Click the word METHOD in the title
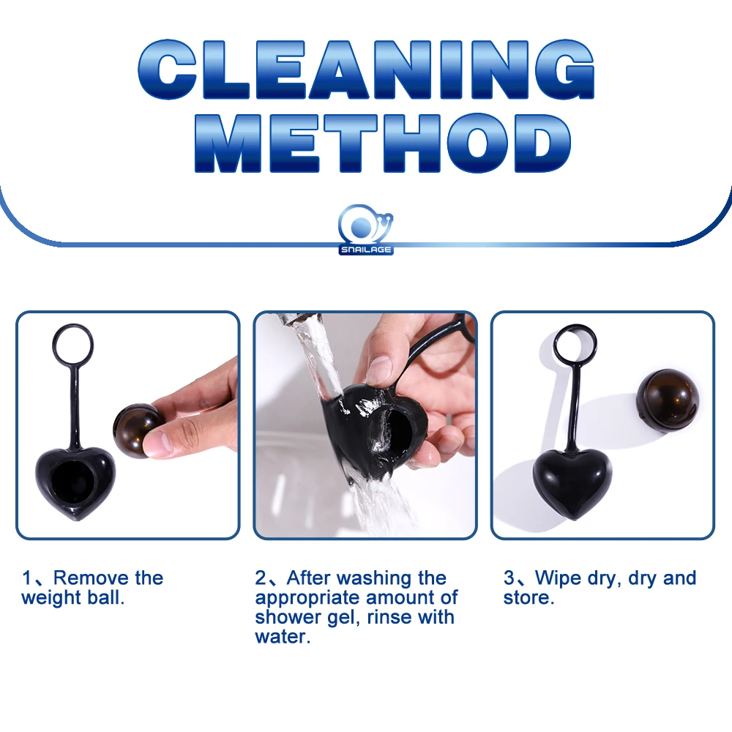pyautogui.click(x=383, y=143)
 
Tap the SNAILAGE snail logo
pyautogui.click(x=365, y=229)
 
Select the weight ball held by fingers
pyautogui.click(x=135, y=430)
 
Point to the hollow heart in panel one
pyautogui.click(x=75, y=482)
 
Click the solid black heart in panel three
pyautogui.click(x=572, y=482)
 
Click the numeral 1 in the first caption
pyautogui.click(x=26, y=578)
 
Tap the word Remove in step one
pyautogui.click(x=91, y=578)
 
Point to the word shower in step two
pyautogui.click(x=288, y=617)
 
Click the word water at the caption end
pyautogui.click(x=282, y=637)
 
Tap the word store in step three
pyautogui.click(x=529, y=598)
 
